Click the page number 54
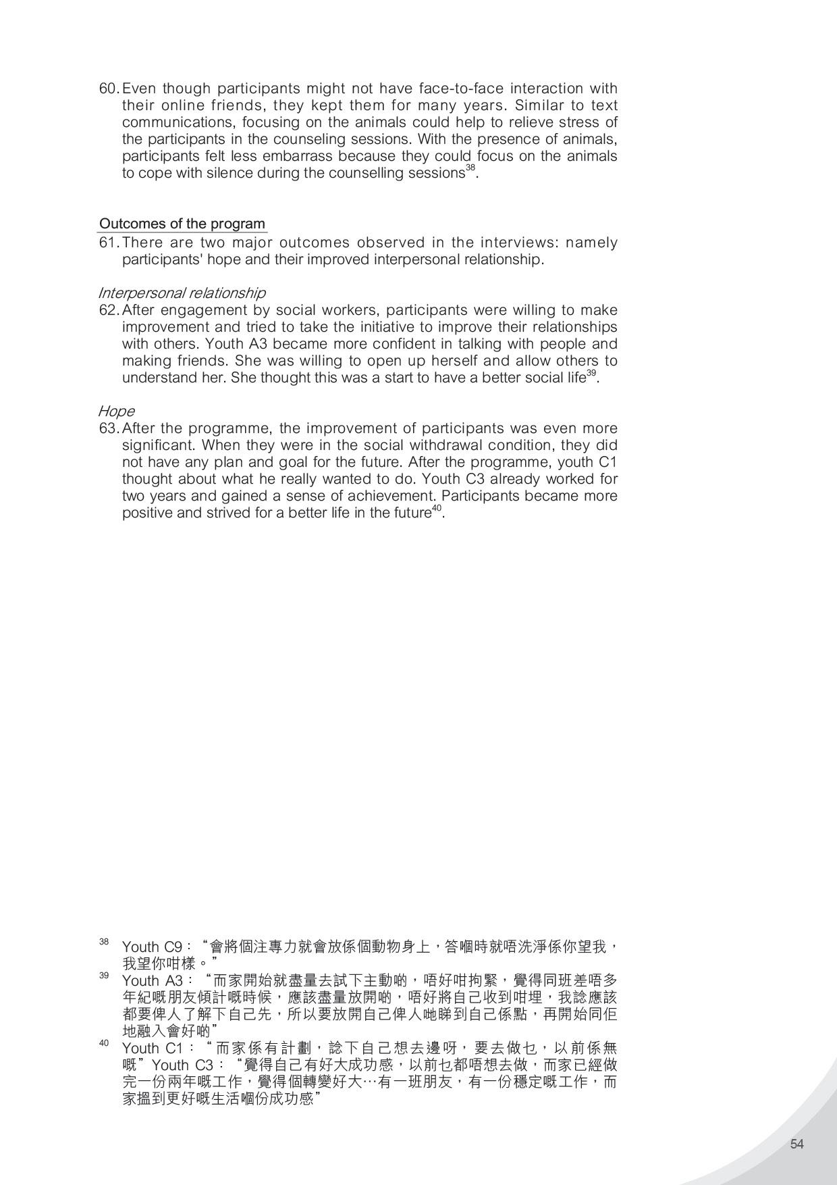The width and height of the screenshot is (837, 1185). tap(796, 1144)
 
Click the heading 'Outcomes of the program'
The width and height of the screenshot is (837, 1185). tap(182, 224)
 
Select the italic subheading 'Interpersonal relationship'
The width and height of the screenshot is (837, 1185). tap(182, 293)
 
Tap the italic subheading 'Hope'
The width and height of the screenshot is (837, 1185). tap(116, 411)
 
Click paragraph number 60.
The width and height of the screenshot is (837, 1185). tap(109, 89)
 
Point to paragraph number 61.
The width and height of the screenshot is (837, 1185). tap(109, 243)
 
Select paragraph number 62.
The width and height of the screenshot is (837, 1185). tap(109, 310)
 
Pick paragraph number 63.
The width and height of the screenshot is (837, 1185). tap(109, 428)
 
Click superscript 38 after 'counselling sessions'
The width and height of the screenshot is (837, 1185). tap(470, 168)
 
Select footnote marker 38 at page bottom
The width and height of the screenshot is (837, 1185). tap(104, 941)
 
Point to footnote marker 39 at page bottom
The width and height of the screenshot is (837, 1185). tap(104, 975)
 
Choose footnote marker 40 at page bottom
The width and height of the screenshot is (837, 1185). tap(104, 1042)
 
